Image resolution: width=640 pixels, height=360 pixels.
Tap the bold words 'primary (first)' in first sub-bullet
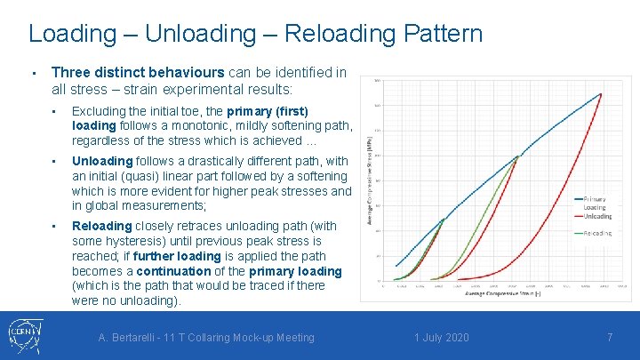click(268, 111)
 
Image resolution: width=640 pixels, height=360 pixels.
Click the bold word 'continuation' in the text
click(173, 271)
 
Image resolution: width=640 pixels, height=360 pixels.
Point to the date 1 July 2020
click(441, 338)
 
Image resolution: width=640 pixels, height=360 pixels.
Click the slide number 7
click(610, 338)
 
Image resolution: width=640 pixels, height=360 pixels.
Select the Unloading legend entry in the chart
click(597, 216)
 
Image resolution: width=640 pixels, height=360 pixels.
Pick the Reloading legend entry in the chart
click(597, 233)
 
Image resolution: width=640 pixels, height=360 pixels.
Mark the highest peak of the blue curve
click(602, 93)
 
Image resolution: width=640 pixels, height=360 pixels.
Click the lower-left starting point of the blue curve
click(395, 265)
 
